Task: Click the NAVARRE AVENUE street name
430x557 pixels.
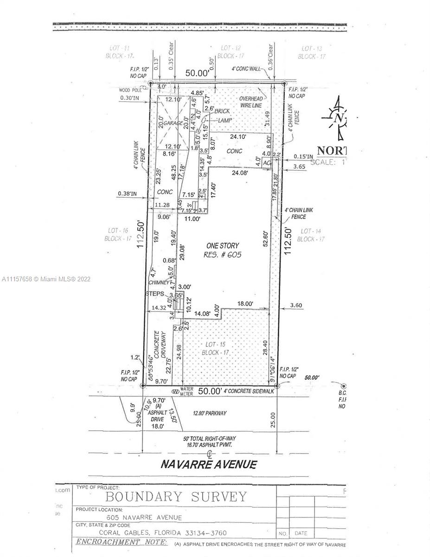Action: coord(208,463)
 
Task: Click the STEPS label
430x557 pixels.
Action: coord(154,294)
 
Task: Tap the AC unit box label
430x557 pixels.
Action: coord(267,163)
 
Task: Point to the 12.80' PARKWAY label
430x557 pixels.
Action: coord(209,413)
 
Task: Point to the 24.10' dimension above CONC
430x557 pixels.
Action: coord(241,137)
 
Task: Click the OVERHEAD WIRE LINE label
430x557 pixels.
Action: coord(251,102)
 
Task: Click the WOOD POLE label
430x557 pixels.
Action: coord(131,91)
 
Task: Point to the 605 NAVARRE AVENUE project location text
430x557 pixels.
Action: coord(143,517)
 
